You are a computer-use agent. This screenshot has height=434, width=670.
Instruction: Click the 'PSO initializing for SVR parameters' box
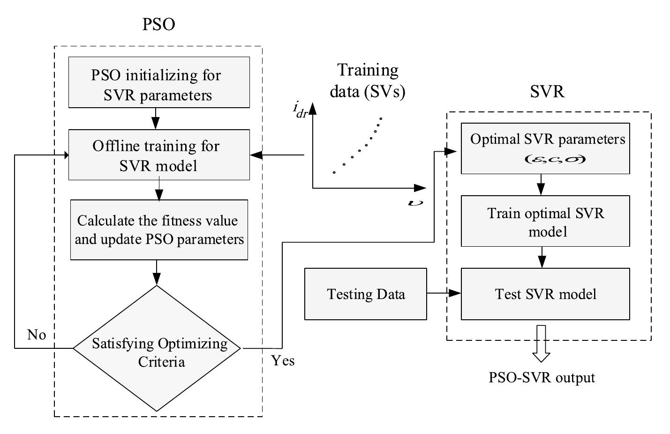pos(159,83)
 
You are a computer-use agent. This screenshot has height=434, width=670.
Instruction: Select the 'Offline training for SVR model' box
pos(159,155)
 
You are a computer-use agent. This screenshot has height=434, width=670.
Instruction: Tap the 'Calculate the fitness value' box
pos(159,230)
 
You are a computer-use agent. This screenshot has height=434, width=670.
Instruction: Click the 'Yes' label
pos(283,360)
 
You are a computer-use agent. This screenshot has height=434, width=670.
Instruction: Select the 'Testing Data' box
pos(366,294)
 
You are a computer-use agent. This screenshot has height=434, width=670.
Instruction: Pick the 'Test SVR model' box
pos(545,294)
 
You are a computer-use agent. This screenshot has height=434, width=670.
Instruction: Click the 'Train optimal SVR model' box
pos(545,221)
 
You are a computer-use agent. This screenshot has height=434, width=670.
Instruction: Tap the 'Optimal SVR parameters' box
pos(545,148)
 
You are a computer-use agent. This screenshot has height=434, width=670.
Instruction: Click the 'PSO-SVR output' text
pos(542,377)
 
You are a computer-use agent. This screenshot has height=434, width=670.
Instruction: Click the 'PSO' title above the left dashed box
pos(158,24)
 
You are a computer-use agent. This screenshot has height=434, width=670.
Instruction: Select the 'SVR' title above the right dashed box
pos(547,91)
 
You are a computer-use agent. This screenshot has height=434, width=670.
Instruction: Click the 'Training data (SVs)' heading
pos(367,80)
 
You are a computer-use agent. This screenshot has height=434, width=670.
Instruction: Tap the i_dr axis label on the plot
pos(300,110)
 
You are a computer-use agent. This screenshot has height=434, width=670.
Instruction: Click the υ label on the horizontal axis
pos(416,202)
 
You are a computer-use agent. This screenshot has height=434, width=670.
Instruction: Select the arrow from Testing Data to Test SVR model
pos(444,294)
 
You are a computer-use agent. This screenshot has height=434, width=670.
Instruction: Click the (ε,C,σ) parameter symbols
pos(555,160)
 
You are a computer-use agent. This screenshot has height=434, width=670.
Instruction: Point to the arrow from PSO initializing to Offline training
pos(156,119)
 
